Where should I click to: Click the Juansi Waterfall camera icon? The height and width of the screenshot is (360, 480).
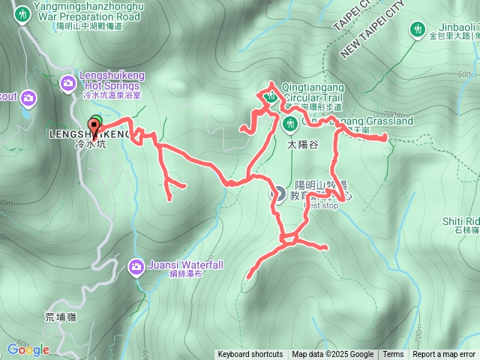(136, 265)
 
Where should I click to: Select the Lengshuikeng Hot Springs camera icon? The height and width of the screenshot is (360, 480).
(69, 82)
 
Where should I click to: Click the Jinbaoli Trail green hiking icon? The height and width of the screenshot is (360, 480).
(418, 30)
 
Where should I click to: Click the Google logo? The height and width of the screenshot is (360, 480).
(28, 349)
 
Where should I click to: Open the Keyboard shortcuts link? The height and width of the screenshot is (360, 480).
(250, 355)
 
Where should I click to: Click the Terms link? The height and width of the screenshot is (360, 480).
(393, 355)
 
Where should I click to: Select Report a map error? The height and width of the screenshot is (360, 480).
(444, 355)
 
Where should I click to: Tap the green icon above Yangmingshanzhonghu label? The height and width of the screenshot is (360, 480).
(22, 13)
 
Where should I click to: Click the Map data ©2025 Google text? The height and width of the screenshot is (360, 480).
(332, 355)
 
